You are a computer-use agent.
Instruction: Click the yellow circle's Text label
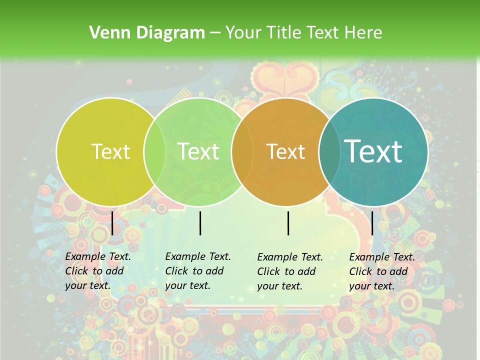[x=110, y=151]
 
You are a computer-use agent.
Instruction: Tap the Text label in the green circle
[x=198, y=151]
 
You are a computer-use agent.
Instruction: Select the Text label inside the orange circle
[x=286, y=151]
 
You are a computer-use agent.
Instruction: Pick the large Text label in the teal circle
[x=373, y=151]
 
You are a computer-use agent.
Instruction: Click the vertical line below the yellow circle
[x=112, y=223]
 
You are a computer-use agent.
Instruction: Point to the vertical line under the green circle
[x=200, y=223]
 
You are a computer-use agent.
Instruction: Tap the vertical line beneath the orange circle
[x=288, y=223]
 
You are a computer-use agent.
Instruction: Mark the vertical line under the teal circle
[x=372, y=223]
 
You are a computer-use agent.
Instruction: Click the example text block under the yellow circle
[x=98, y=271]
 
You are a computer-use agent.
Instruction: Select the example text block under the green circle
[x=198, y=271]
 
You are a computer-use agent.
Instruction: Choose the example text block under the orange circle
[x=290, y=271]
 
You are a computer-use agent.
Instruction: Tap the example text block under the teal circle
[x=382, y=271]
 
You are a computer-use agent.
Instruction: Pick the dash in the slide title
[x=215, y=33]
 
